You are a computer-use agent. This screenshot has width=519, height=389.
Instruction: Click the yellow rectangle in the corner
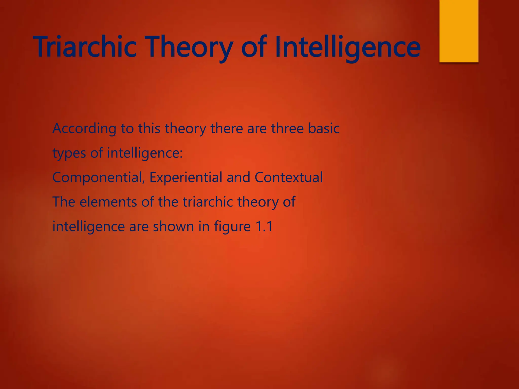point(459,31)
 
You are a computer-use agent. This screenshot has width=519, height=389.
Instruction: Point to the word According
point(84,128)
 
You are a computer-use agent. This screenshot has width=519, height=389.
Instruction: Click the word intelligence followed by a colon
point(144,153)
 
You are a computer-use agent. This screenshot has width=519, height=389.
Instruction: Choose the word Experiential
point(186,177)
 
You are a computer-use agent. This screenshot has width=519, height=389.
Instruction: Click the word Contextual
point(288,177)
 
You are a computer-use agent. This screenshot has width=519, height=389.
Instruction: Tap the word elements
point(108,202)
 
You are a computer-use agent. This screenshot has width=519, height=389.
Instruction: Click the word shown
point(173,226)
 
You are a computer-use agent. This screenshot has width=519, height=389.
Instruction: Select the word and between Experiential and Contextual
point(238,177)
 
